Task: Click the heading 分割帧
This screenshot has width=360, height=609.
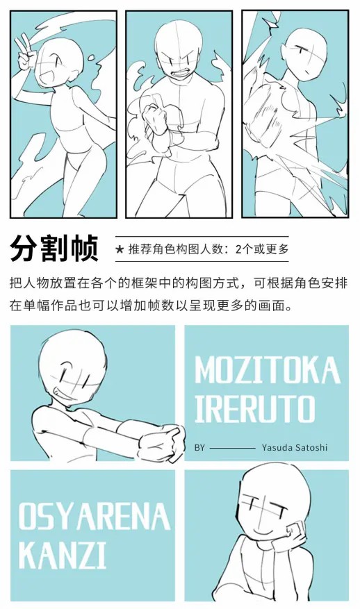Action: coord(54,248)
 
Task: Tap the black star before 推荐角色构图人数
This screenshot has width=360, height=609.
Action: coord(120,249)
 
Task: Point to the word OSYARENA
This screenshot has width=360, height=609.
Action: coord(94,516)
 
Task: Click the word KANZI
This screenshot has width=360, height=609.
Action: coord(63,556)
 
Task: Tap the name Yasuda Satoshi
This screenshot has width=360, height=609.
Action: coord(295,447)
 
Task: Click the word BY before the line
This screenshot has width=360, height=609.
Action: coord(199,448)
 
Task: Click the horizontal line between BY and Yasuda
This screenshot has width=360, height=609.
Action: coord(233,448)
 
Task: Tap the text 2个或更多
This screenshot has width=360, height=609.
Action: coord(262,249)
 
